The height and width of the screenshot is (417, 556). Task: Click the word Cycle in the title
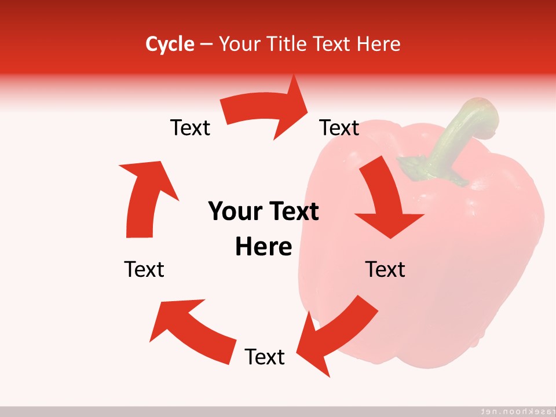tap(170, 44)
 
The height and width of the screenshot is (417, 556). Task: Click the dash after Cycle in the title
tap(206, 44)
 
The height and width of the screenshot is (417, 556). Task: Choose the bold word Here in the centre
tap(264, 247)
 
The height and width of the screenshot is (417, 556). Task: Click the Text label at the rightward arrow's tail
tap(190, 127)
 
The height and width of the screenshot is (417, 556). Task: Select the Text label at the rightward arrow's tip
tap(339, 127)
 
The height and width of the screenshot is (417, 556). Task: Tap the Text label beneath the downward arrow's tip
tap(385, 269)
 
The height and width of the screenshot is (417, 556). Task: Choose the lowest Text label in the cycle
tap(265, 357)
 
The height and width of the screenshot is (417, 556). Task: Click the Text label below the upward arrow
tap(144, 269)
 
